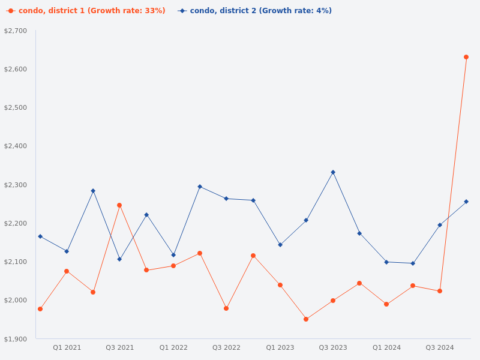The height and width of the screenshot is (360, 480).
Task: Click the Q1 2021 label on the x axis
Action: [67, 347]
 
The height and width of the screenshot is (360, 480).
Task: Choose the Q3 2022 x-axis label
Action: [226, 347]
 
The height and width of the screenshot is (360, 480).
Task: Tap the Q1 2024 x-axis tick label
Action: [386, 347]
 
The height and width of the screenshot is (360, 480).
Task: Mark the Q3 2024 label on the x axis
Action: [440, 347]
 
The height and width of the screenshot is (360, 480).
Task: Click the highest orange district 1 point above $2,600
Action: [466, 57]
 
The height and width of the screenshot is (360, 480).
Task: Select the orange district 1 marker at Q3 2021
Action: [119, 205]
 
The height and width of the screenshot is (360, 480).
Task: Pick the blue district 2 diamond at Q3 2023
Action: [333, 172]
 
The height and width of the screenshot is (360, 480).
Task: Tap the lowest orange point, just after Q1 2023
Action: [306, 319]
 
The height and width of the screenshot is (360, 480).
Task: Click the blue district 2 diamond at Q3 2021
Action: [119, 259]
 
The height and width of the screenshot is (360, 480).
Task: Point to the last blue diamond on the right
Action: [466, 202]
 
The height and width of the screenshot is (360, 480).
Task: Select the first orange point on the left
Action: [40, 309]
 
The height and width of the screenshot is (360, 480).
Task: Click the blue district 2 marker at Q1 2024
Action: [386, 262]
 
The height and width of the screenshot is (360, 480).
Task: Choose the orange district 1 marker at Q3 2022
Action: [226, 308]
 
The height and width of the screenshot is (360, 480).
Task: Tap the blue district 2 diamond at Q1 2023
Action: [280, 245]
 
